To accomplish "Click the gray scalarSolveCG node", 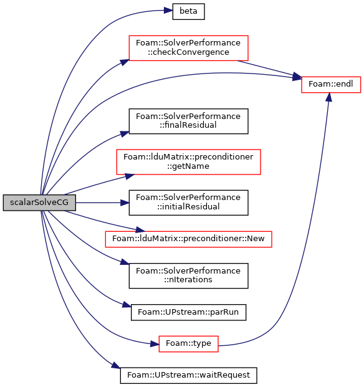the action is pyautogui.click(x=39, y=203).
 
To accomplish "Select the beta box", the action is pyautogui.click(x=188, y=11).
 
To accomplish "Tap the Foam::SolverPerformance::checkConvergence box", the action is pyautogui.click(x=188, y=48).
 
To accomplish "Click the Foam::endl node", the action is pyautogui.click(x=331, y=84).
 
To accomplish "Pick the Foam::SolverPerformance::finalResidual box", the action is pyautogui.click(x=188, y=121).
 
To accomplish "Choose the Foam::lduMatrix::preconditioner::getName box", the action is pyautogui.click(x=188, y=162).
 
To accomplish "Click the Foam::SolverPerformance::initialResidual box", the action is pyautogui.click(x=188, y=203).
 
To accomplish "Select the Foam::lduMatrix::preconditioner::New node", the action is pyautogui.click(x=188, y=239).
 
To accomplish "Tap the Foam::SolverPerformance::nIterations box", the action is pyautogui.click(x=188, y=275).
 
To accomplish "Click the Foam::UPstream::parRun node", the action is pyautogui.click(x=188, y=312).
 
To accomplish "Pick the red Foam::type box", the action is pyautogui.click(x=188, y=344).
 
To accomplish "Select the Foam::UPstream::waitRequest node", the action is pyautogui.click(x=188, y=375).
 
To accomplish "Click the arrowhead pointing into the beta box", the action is pyautogui.click(x=168, y=11).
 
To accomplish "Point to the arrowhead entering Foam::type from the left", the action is pyautogui.click(x=155, y=343).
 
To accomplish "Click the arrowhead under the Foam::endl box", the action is pyautogui.click(x=328, y=97).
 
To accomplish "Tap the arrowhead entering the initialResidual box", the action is pyautogui.click(x=125, y=203).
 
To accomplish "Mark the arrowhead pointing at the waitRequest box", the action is pyautogui.click(x=116, y=366).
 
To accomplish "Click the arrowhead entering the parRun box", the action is pyautogui.click(x=127, y=305).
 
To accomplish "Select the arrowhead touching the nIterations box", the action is pyautogui.click(x=125, y=262).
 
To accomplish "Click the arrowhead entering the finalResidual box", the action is pyautogui.click(x=125, y=134).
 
